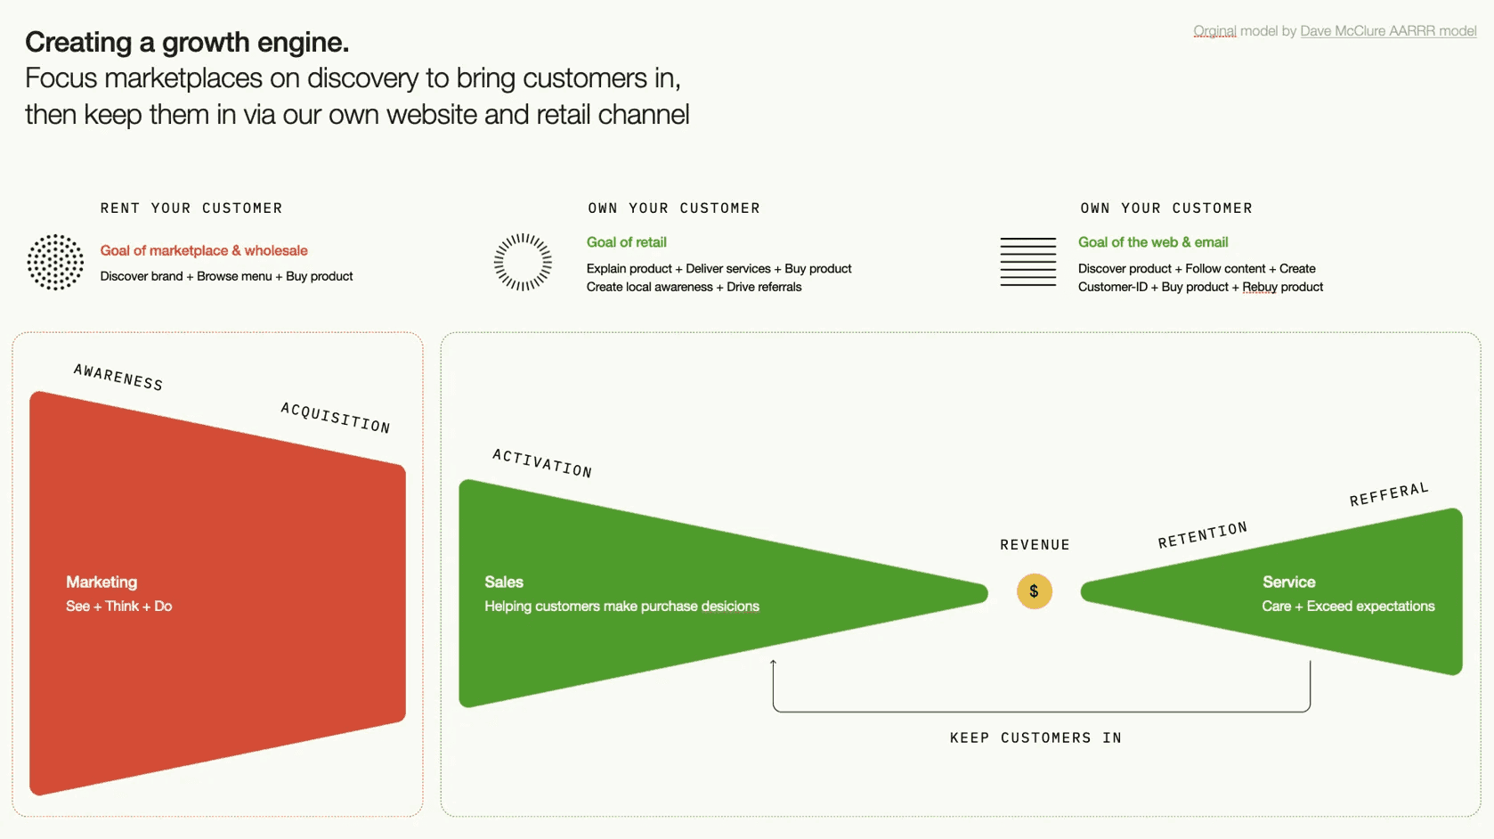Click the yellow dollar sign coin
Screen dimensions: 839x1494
(x=1034, y=591)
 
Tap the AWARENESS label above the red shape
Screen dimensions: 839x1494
(x=118, y=378)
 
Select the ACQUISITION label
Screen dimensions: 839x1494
(x=336, y=418)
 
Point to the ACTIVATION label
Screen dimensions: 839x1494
(x=542, y=463)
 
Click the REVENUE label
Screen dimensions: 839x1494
(x=1035, y=545)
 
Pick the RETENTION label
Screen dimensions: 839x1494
(x=1202, y=535)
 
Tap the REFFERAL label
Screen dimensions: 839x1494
(x=1389, y=494)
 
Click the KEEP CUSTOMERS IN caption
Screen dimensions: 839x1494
(x=1035, y=737)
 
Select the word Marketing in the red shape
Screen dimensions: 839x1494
(x=101, y=582)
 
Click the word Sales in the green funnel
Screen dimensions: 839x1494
(x=504, y=582)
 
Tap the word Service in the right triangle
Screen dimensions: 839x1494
(x=1288, y=582)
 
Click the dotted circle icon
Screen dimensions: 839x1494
(x=55, y=262)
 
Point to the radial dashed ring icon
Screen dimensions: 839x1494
(x=523, y=262)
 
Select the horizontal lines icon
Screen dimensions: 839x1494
(x=1027, y=262)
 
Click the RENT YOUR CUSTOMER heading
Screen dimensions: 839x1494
(x=191, y=208)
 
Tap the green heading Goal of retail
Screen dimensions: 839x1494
(x=626, y=242)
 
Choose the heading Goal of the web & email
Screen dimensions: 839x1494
(x=1152, y=242)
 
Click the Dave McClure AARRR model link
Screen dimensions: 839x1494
(x=1387, y=31)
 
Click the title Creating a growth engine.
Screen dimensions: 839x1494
(x=187, y=42)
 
